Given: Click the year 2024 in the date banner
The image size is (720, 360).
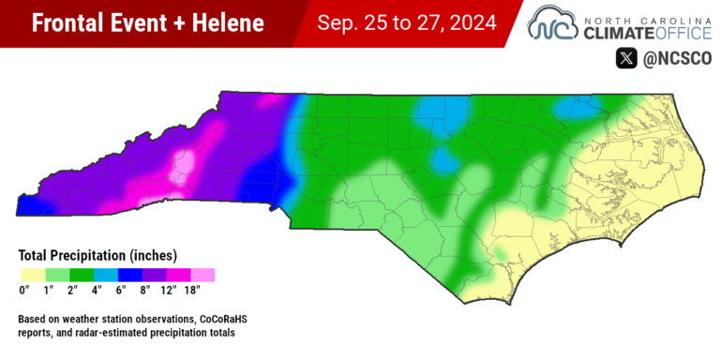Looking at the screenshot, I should click(x=465, y=22).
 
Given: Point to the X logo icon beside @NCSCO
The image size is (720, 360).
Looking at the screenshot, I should click(x=625, y=58).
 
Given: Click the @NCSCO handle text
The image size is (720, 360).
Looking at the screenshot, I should click(x=676, y=58).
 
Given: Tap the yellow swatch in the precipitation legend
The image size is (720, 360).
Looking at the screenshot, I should click(x=33, y=275).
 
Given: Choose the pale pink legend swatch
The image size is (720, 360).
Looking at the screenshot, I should click(x=202, y=275).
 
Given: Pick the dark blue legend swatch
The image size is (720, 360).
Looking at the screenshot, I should click(x=130, y=275).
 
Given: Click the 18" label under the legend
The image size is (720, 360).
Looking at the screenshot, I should click(x=192, y=291).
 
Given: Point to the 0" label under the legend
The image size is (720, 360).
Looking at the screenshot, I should click(x=24, y=291).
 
